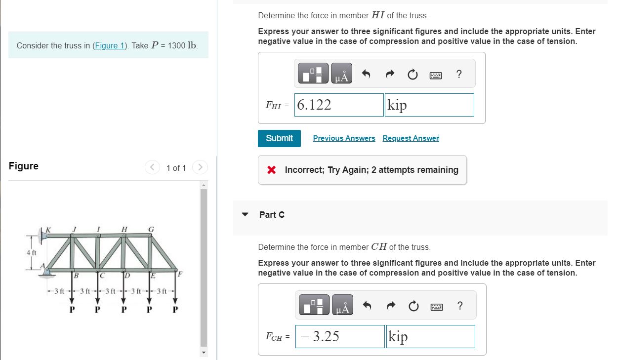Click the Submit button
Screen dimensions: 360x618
pos(279,138)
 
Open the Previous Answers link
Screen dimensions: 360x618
pos(344,138)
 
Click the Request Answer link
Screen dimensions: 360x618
pos(411,138)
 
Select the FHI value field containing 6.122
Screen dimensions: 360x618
pos(339,105)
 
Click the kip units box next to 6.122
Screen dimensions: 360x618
pos(429,105)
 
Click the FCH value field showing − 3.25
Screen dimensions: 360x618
pos(340,336)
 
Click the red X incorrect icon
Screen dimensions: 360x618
pos(271,170)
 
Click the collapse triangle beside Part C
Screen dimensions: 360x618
pos(245,215)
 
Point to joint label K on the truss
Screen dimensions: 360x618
pos(48,229)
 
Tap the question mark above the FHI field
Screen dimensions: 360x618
pos(459,74)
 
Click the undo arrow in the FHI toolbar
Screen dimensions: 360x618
pos(366,74)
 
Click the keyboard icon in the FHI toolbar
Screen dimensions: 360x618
pos(435,75)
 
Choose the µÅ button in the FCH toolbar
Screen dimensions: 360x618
pos(342,306)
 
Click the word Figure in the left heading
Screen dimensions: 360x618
pos(24,166)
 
